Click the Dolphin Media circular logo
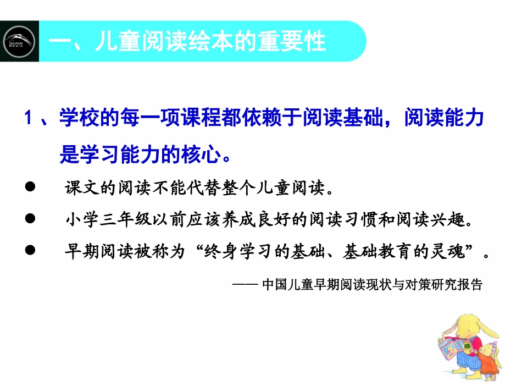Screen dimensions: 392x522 (19, 41)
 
